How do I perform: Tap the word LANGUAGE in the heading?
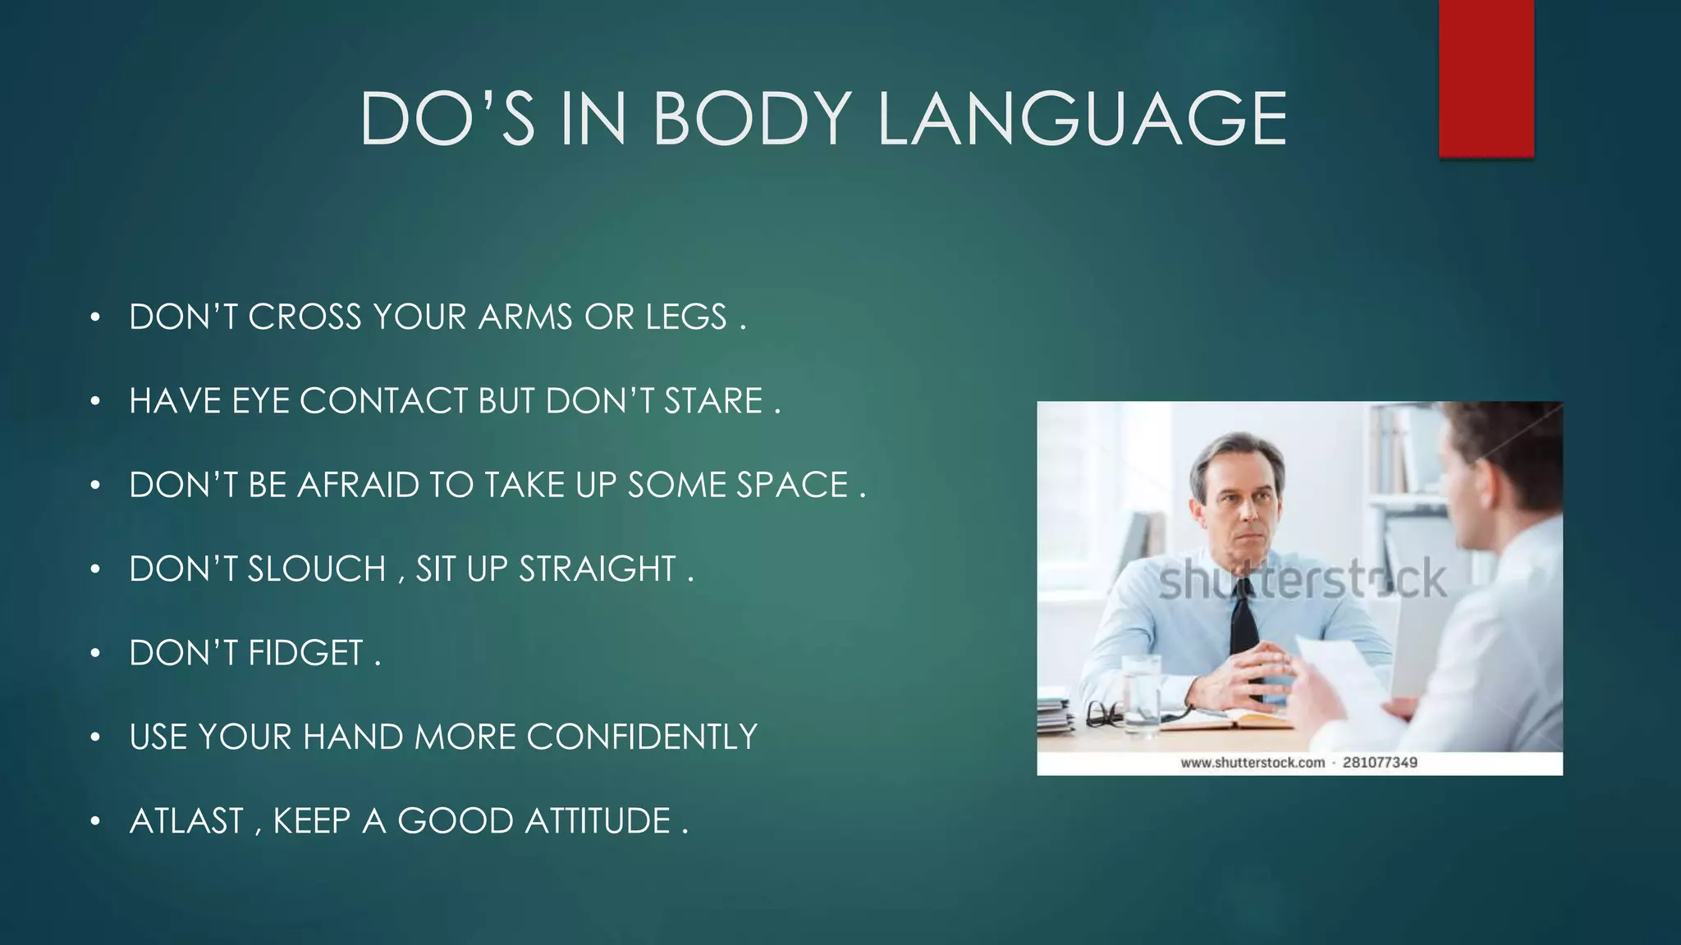(x=1082, y=119)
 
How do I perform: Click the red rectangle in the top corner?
(x=1486, y=78)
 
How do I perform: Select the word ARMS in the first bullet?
(x=525, y=317)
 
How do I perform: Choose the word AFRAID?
(x=359, y=485)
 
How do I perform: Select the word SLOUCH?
(x=317, y=569)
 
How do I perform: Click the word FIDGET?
(x=305, y=653)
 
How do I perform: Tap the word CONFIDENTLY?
(x=642, y=737)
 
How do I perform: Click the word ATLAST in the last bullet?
(x=186, y=821)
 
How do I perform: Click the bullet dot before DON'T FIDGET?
(x=95, y=654)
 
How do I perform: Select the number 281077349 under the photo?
(x=1380, y=763)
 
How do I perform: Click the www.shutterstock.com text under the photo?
(x=1253, y=763)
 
